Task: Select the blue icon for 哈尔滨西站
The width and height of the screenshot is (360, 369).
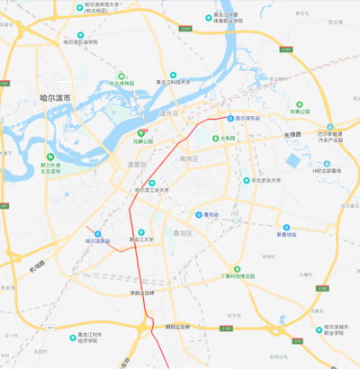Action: (x=91, y=232)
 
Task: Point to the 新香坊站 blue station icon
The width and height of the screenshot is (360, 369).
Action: (x=286, y=227)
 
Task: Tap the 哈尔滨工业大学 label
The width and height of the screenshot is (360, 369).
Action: (x=152, y=190)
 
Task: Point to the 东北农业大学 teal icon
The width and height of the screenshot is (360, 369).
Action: (x=247, y=180)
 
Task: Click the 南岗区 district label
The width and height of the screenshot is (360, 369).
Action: (x=188, y=158)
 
